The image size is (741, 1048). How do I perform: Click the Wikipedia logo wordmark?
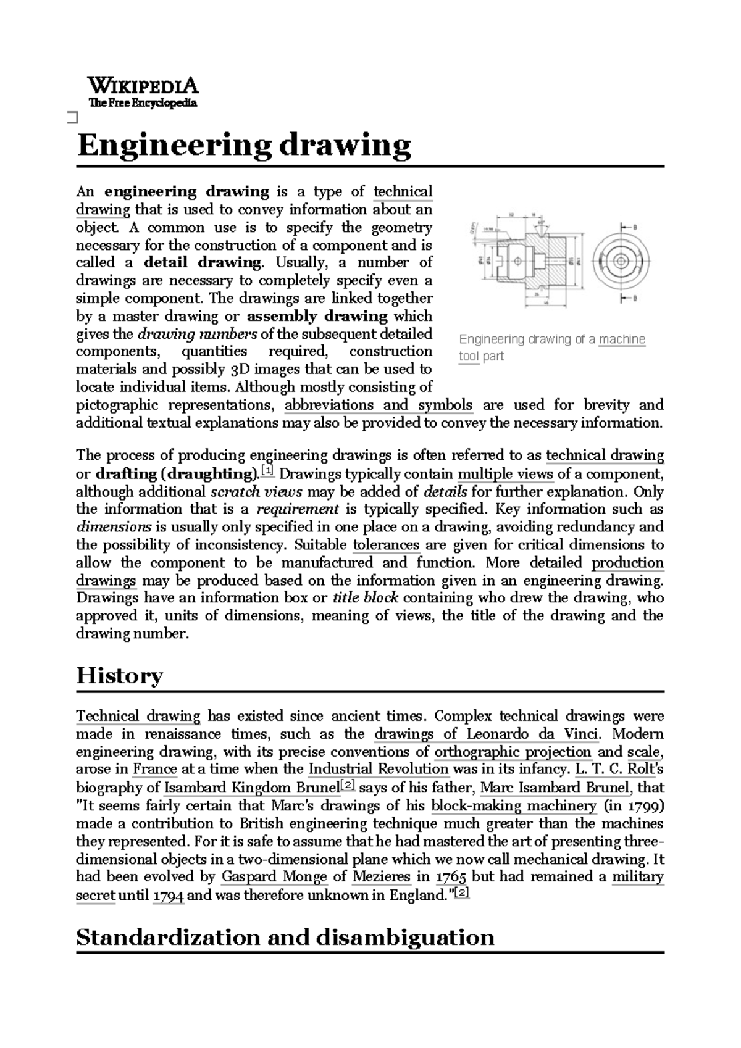tap(143, 85)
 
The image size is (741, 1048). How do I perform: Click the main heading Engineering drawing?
tap(243, 146)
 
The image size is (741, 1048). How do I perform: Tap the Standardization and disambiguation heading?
tap(285, 937)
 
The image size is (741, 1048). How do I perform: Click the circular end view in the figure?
tap(621, 262)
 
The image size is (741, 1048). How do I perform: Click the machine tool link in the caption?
tap(621, 339)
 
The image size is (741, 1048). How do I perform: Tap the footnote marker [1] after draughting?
tap(268, 472)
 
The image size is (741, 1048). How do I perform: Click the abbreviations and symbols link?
tap(378, 405)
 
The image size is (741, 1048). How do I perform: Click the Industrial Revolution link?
tap(378, 770)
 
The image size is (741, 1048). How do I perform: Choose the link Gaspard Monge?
tap(274, 877)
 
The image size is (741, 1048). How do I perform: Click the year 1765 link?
tap(451, 878)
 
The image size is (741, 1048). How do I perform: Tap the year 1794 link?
tap(168, 896)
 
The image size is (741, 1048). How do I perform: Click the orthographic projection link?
tap(513, 752)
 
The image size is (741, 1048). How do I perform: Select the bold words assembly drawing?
tap(317, 317)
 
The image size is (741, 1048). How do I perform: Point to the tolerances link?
tap(386, 545)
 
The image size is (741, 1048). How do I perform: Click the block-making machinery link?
tap(514, 806)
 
